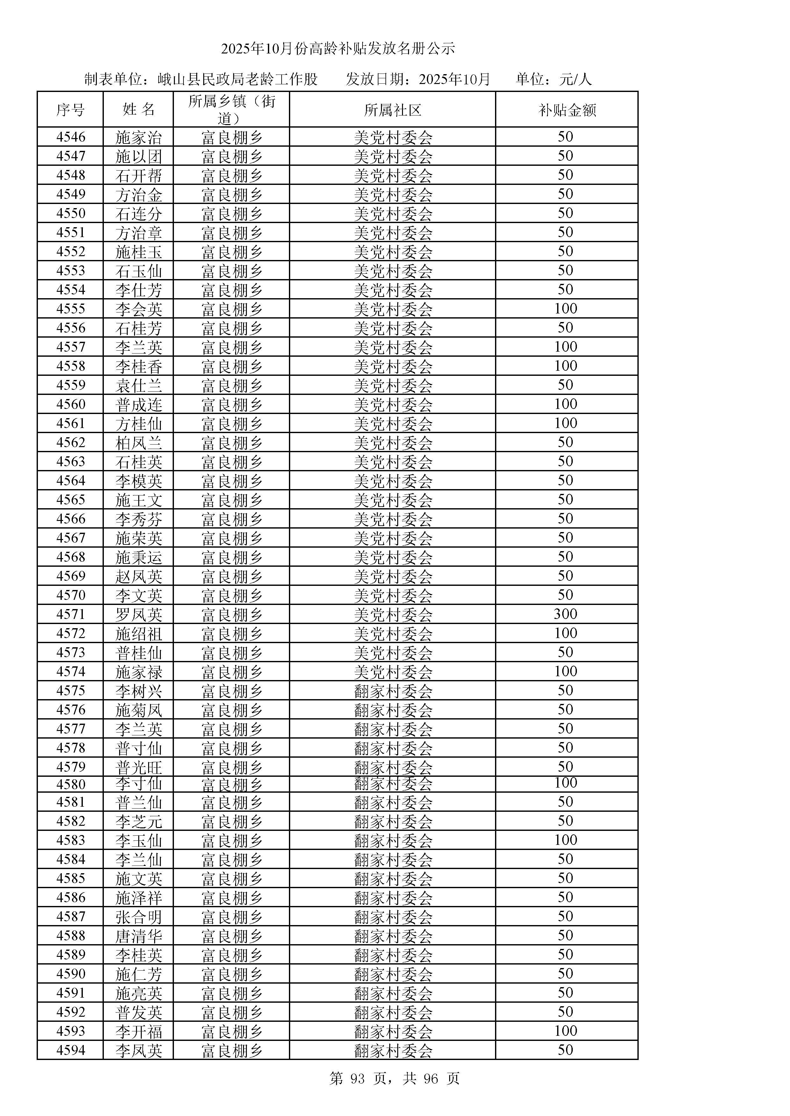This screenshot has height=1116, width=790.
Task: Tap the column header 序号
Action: (70, 110)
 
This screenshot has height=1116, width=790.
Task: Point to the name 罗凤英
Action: (139, 615)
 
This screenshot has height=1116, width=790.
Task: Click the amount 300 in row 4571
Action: (565, 614)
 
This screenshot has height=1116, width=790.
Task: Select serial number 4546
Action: (70, 137)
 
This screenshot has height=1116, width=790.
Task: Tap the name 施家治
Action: (139, 137)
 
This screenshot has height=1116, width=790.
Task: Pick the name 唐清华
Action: (139, 936)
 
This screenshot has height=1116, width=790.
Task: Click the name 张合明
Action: (139, 917)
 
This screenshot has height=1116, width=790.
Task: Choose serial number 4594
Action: (70, 1050)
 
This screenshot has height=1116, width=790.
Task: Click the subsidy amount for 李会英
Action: (565, 309)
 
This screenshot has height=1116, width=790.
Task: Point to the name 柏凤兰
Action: (139, 443)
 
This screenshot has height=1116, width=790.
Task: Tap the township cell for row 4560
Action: (232, 404)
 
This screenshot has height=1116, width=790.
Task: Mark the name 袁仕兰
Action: (139, 385)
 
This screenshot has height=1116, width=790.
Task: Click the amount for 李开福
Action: (565, 1031)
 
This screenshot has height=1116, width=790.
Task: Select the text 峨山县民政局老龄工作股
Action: (237, 79)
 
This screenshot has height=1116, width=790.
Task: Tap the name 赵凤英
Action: (139, 577)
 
